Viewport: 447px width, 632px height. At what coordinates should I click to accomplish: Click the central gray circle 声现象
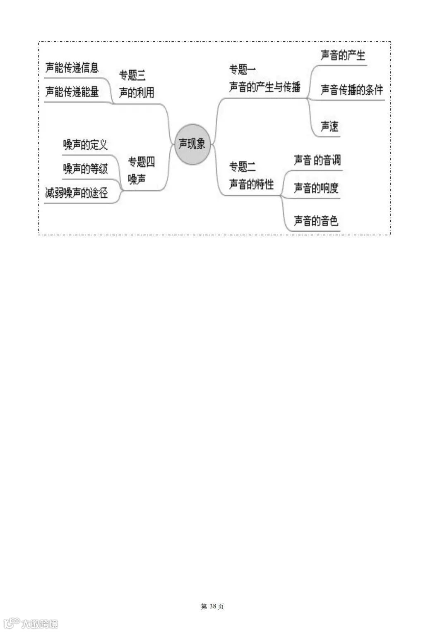click(192, 144)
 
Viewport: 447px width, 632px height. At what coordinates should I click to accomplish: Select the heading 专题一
click(243, 69)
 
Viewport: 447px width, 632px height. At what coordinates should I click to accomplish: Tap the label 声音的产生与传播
click(265, 87)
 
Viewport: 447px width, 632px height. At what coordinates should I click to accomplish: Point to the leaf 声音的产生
click(343, 55)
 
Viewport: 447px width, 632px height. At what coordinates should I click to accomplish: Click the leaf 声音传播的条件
click(352, 90)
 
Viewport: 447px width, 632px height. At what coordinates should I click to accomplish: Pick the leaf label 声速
click(330, 126)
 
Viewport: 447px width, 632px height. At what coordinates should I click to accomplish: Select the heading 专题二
click(243, 167)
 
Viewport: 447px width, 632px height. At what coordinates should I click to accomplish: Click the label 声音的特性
click(252, 184)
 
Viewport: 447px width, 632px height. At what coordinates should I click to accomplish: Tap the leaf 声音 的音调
click(317, 160)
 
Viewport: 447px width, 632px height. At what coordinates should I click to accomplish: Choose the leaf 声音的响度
click(316, 188)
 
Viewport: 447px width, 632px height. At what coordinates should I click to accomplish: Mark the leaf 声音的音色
click(316, 221)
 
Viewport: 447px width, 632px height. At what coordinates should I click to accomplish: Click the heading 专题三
click(132, 75)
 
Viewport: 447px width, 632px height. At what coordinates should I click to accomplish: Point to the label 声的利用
click(137, 93)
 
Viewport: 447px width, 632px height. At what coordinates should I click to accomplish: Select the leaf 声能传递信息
click(72, 68)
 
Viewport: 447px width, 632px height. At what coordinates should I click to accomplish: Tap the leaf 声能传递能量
click(72, 91)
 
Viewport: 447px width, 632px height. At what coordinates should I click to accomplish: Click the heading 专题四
click(141, 162)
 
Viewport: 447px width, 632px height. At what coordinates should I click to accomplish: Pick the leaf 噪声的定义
click(85, 144)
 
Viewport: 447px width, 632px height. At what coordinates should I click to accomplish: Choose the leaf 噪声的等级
click(85, 169)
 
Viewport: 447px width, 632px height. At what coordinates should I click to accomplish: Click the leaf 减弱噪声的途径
click(77, 193)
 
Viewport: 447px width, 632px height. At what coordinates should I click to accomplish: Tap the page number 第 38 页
click(212, 606)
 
